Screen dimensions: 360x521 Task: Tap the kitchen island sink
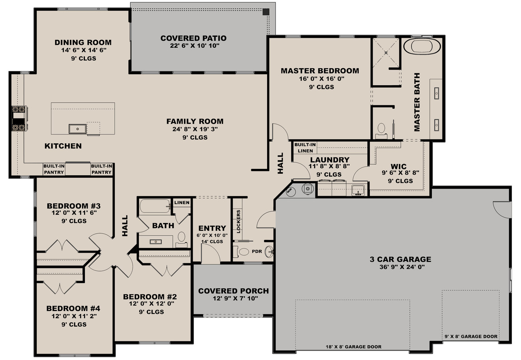click(77, 128)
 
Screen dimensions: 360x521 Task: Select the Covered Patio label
click(193, 38)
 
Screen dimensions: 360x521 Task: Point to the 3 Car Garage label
click(400, 259)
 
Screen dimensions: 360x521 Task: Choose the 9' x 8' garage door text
click(470, 337)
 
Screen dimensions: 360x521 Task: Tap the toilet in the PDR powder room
click(244, 251)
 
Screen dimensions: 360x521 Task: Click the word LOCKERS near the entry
click(238, 221)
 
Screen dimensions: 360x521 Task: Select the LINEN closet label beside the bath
click(182, 202)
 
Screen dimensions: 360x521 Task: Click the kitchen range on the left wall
click(19, 118)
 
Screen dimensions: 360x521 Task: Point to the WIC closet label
click(399, 167)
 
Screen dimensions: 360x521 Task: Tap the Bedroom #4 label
click(73, 308)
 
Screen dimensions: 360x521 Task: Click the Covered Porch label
click(233, 291)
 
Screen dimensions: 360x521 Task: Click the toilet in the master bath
click(381, 129)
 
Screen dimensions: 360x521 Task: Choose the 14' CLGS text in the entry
click(212, 242)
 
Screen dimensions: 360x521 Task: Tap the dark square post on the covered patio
click(266, 11)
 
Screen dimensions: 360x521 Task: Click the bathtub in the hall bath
click(154, 206)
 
